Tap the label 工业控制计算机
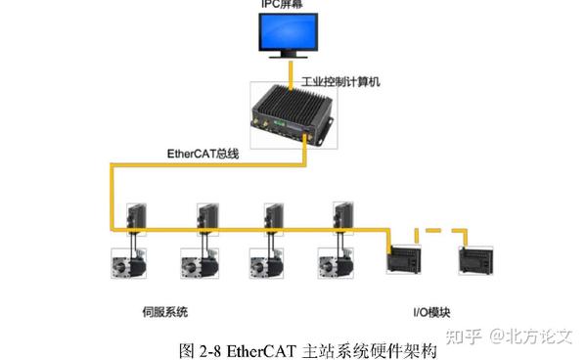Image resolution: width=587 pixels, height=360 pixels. click(x=339, y=81)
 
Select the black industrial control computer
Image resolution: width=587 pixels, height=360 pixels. click(x=293, y=115)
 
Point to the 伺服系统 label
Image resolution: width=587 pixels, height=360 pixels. click(x=164, y=313)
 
